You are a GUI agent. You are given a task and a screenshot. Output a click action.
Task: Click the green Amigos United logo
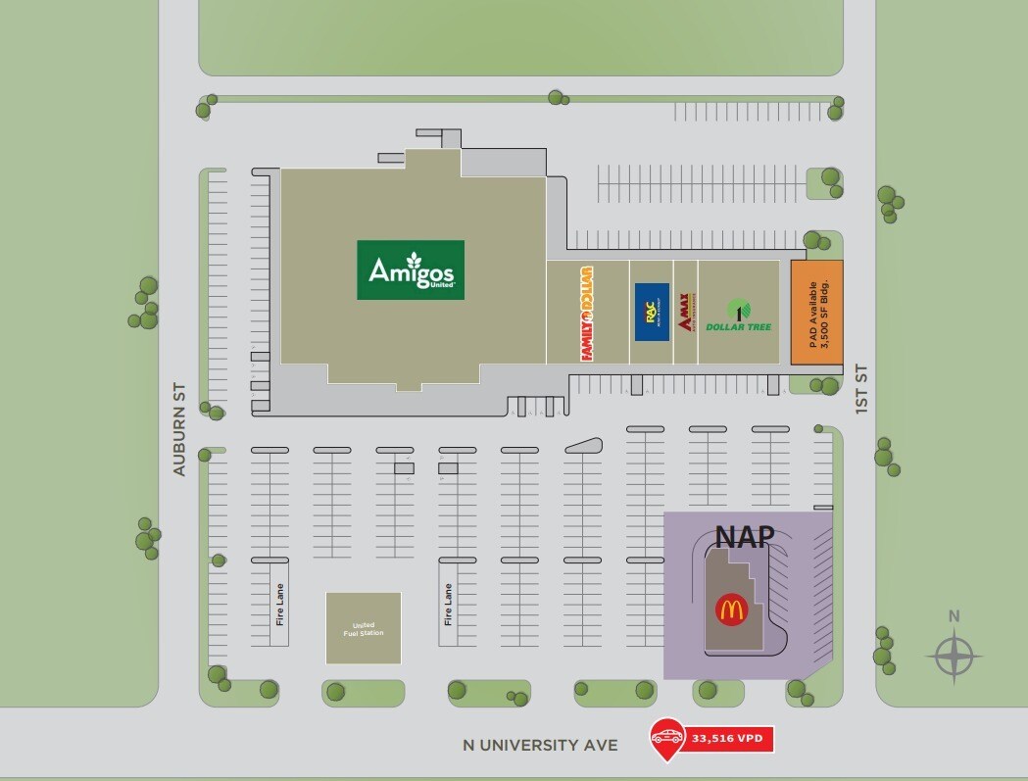411,269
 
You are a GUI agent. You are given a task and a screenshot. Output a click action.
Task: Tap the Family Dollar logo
587,313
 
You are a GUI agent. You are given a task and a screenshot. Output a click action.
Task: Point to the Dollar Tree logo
738,315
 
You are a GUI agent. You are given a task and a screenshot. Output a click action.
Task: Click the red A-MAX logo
686,313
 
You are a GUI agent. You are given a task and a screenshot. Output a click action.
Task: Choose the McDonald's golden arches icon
731,610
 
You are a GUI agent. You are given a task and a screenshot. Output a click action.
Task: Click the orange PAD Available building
817,312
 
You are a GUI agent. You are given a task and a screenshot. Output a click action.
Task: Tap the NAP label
745,536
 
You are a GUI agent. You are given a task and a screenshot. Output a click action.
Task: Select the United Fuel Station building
364,628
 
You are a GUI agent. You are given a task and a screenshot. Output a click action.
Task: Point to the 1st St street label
861,389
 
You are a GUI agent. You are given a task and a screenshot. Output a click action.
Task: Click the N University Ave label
540,746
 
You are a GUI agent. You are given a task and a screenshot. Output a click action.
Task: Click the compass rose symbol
954,657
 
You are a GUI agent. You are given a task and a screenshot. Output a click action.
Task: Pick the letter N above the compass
954,616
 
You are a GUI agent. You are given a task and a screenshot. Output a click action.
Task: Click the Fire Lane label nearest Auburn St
280,605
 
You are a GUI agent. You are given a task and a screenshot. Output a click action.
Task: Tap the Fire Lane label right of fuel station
448,605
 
